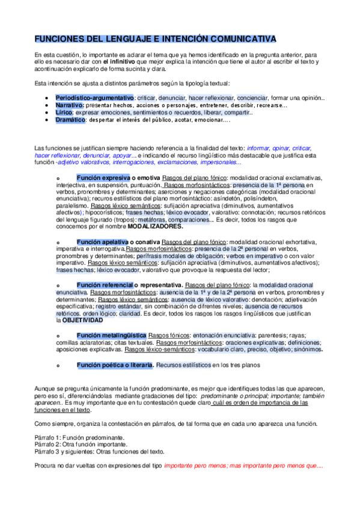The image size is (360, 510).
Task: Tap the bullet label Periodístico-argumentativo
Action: coord(94,97)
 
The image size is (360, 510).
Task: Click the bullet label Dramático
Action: coord(71,120)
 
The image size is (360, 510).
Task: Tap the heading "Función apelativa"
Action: coord(103,242)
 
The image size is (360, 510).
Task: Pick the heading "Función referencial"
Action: coord(105,284)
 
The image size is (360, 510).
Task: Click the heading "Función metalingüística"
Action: coord(111,334)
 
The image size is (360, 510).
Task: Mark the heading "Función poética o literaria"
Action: coord(115,364)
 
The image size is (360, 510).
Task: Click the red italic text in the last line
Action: coord(243,466)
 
